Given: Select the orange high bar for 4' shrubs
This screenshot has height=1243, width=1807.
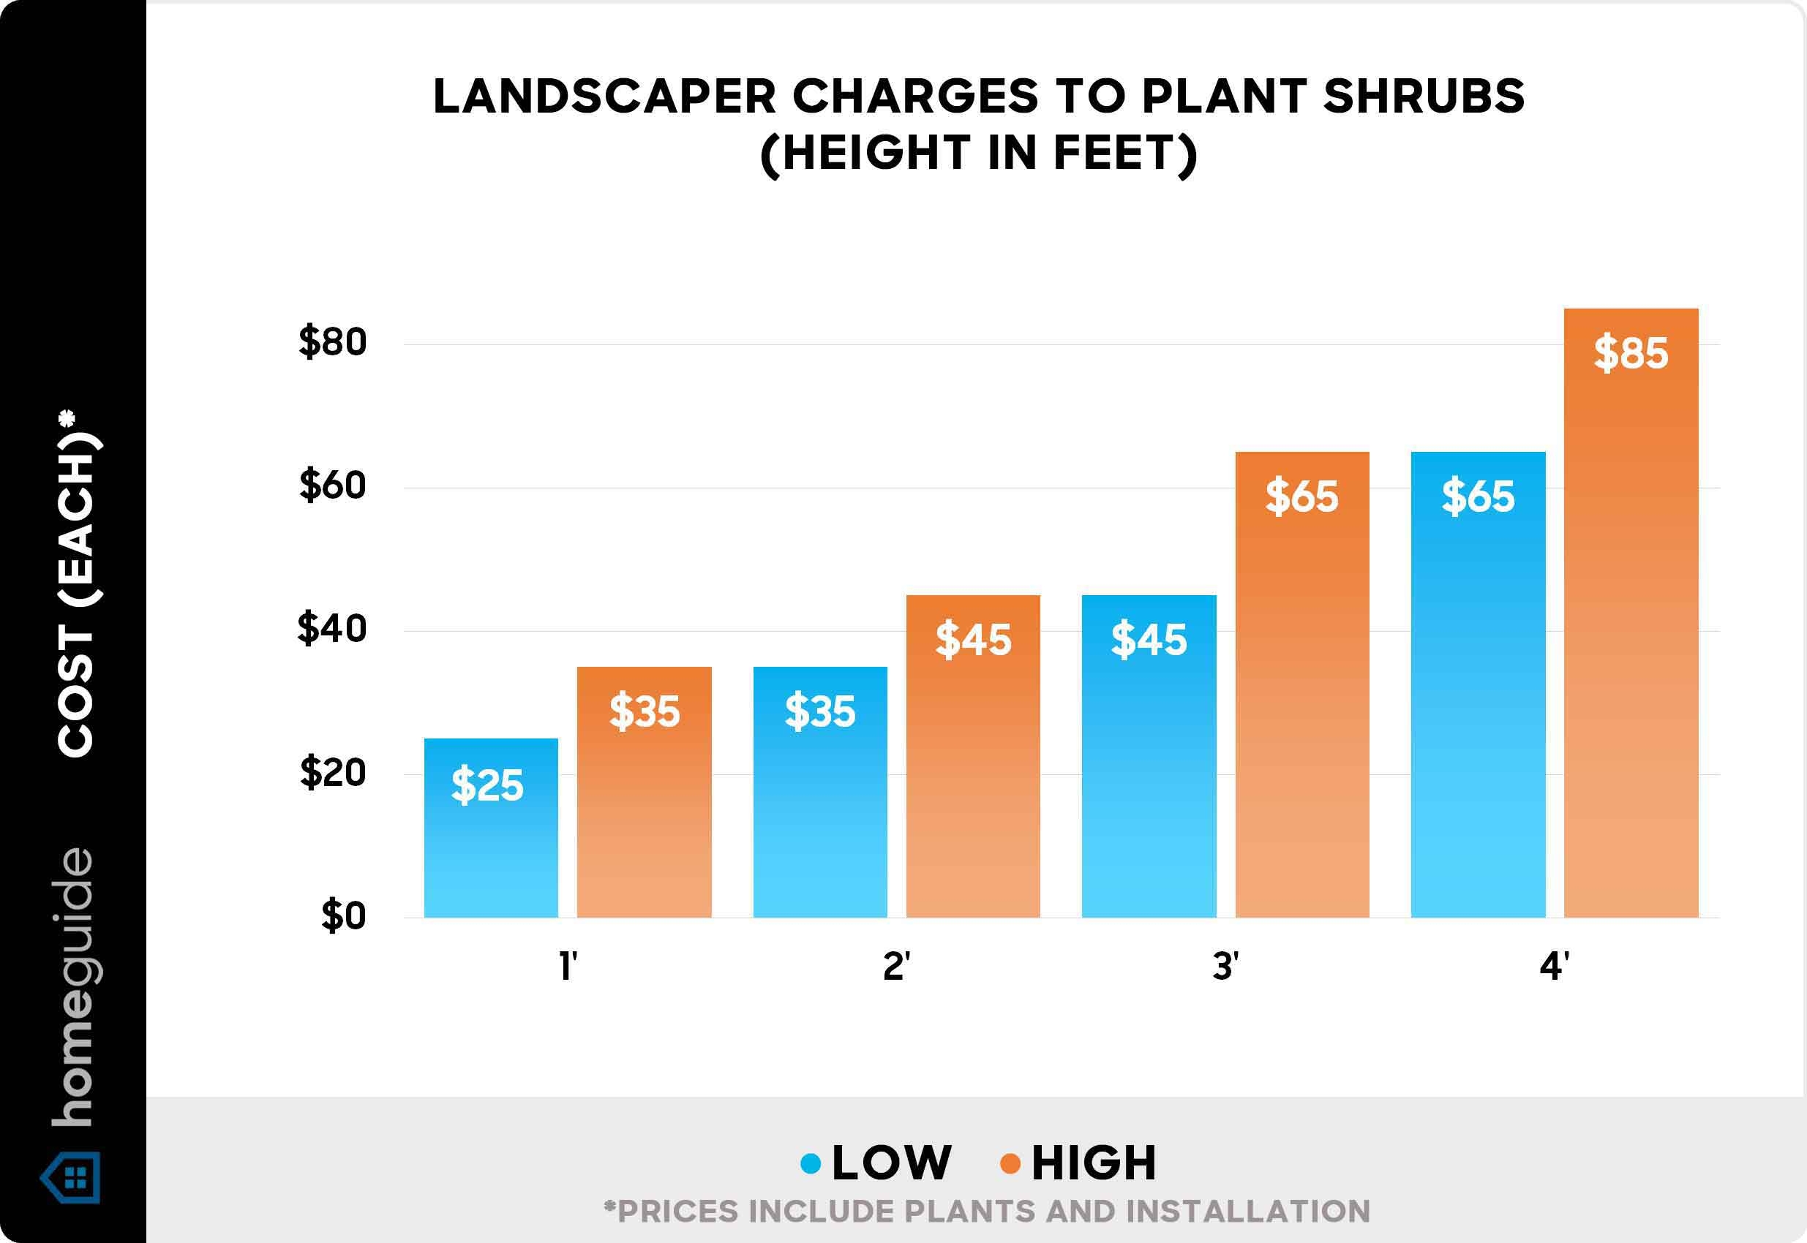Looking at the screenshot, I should click(x=1631, y=623).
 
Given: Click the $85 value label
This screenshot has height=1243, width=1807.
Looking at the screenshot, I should click(x=1631, y=354).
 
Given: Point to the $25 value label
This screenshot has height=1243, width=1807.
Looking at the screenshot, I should click(x=488, y=785).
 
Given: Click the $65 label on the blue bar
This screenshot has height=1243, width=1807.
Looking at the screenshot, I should click(x=1479, y=497).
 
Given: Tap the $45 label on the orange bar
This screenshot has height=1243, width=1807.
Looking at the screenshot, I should click(x=973, y=641).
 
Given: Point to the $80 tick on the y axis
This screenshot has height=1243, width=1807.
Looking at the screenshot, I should click(x=333, y=343).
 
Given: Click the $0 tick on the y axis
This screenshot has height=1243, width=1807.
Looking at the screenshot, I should click(x=344, y=916).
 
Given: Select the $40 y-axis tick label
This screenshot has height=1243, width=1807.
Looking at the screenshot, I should click(x=332, y=630).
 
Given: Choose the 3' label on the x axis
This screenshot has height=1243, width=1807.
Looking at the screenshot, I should click(x=1225, y=967).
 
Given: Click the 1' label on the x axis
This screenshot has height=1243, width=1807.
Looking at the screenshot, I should click(x=568, y=967).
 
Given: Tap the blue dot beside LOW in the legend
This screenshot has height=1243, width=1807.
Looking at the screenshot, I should click(x=811, y=1163).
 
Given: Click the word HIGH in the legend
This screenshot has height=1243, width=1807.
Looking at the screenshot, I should click(x=1094, y=1163).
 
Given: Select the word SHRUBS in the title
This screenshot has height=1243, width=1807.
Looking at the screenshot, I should click(x=1424, y=97).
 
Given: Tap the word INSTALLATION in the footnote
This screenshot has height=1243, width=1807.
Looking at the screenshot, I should click(x=1247, y=1212).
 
